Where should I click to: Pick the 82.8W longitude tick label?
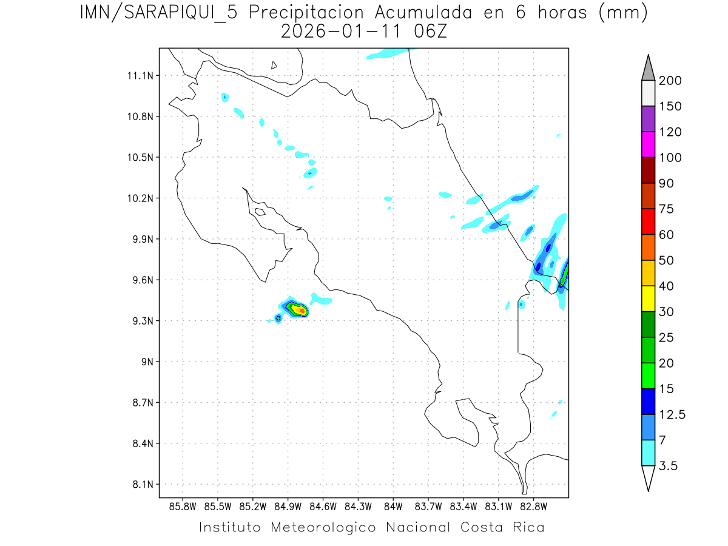click(x=534, y=506)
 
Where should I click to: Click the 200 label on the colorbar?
click(x=670, y=81)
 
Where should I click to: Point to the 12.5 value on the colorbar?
click(x=672, y=415)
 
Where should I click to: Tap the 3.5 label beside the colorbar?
click(x=668, y=466)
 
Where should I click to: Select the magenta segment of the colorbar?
click(x=648, y=144)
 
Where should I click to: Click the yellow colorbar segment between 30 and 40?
click(x=648, y=298)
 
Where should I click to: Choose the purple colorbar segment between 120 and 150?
click(x=648, y=119)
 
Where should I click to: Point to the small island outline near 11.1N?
click(x=274, y=65)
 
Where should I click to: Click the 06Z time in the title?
click(x=429, y=32)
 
